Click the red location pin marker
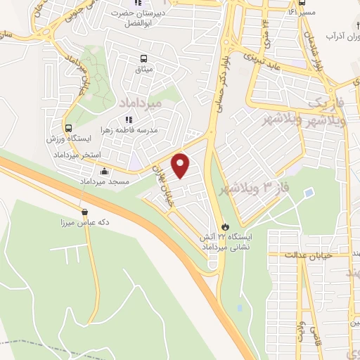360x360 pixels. click(181, 165)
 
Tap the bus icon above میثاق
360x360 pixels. click(144, 59)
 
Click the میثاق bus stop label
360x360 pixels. click(144, 70)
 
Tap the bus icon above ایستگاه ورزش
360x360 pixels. click(68, 128)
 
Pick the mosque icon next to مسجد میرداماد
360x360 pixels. click(105, 171)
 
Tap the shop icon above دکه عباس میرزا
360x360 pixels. click(84, 212)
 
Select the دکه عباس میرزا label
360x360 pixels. click(84, 222)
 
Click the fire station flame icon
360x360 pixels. click(225, 226)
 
